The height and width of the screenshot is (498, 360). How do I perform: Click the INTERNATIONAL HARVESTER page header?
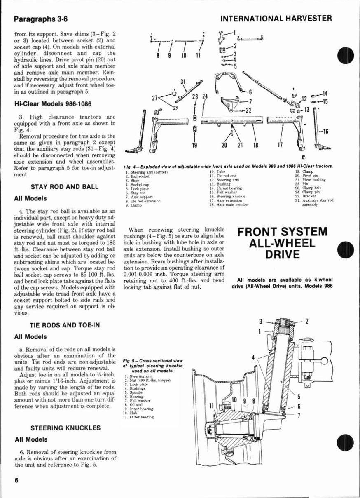pos(276,19)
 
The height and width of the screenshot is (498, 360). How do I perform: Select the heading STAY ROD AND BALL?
pos(65,187)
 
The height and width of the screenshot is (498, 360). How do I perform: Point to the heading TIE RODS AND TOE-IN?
pos(64,325)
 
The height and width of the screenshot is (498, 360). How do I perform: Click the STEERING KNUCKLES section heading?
pos(65,428)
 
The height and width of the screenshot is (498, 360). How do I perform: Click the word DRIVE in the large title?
pos(282,254)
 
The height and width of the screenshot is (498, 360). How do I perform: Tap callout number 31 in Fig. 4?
pos(183,81)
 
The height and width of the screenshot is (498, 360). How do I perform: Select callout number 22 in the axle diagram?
pos(248,109)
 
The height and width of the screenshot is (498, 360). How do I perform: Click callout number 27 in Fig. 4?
pos(156,99)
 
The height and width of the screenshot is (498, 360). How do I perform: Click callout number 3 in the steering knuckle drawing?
pos(261,322)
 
